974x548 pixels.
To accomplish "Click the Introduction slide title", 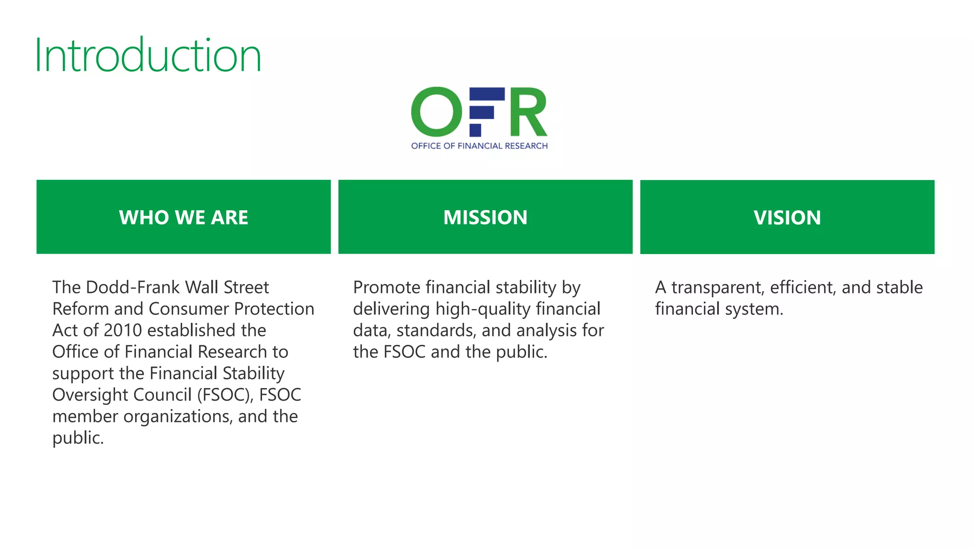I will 148,56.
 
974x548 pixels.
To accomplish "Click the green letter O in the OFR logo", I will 436,112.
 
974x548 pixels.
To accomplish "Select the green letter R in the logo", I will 528,112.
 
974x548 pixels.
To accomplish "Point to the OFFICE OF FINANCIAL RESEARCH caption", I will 479,146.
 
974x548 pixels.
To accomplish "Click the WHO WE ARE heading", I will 184,217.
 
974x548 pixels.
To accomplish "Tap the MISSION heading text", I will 485,217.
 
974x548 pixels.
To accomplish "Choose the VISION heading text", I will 787,218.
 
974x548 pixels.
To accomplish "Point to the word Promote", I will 387,287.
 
